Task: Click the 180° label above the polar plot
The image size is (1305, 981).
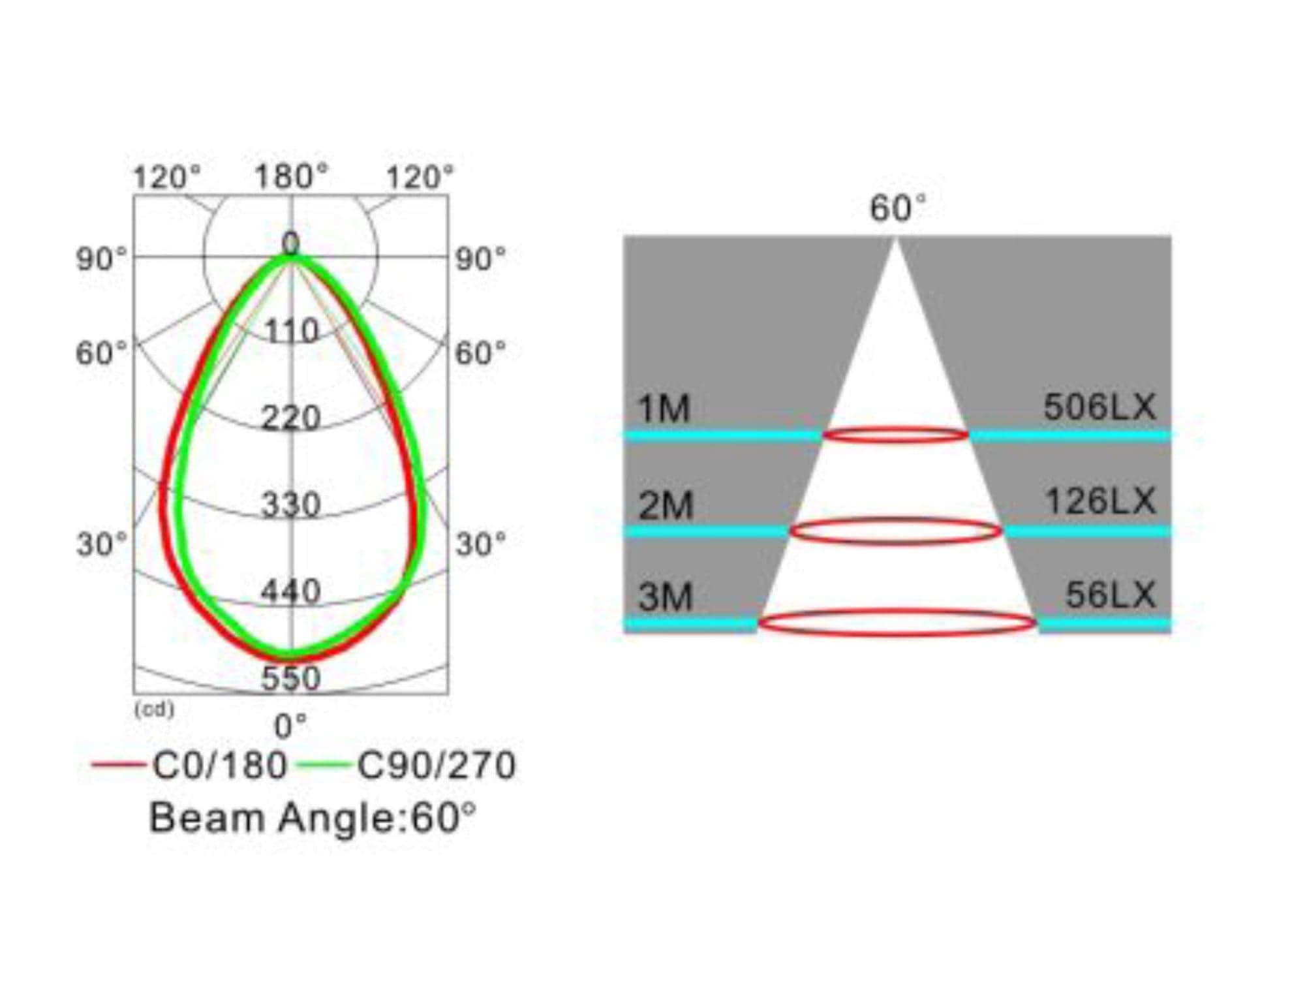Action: point(291,177)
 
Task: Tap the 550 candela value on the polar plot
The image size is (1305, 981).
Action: point(291,677)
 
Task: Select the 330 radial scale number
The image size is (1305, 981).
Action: point(291,505)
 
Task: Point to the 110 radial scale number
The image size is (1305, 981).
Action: point(292,331)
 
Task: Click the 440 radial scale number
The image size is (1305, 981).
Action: point(291,591)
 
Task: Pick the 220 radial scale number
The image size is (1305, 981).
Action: point(291,418)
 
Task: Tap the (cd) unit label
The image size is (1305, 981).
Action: point(154,709)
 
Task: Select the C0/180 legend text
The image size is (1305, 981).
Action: point(220,765)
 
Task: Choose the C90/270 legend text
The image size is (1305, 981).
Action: point(437,765)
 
